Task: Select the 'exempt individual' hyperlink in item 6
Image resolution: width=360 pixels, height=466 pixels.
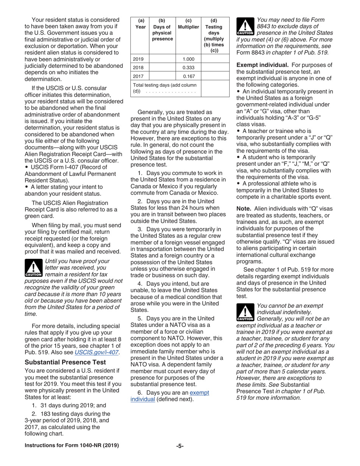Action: coord(169,396)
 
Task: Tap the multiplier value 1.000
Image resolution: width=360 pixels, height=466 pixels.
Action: coord(188,59)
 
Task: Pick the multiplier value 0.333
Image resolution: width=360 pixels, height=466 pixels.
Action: coord(188,67)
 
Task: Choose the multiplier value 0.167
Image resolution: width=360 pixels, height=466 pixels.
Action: coord(188,76)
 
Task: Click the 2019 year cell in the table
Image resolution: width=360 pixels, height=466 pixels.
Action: coord(139,59)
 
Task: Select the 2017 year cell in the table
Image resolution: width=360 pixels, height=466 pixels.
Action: coord(139,76)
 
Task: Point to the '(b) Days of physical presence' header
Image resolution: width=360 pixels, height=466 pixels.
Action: coord(162,30)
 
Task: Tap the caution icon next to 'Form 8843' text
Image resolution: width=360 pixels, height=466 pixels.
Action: coord(245,27)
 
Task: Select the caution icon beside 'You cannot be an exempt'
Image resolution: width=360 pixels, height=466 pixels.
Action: coord(245,312)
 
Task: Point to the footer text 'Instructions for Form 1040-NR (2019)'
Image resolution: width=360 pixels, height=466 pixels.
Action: coord(72,446)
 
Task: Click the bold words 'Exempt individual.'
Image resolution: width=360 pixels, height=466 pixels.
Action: coord(263,65)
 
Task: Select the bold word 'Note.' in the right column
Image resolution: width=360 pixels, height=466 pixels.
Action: coord(244,209)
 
